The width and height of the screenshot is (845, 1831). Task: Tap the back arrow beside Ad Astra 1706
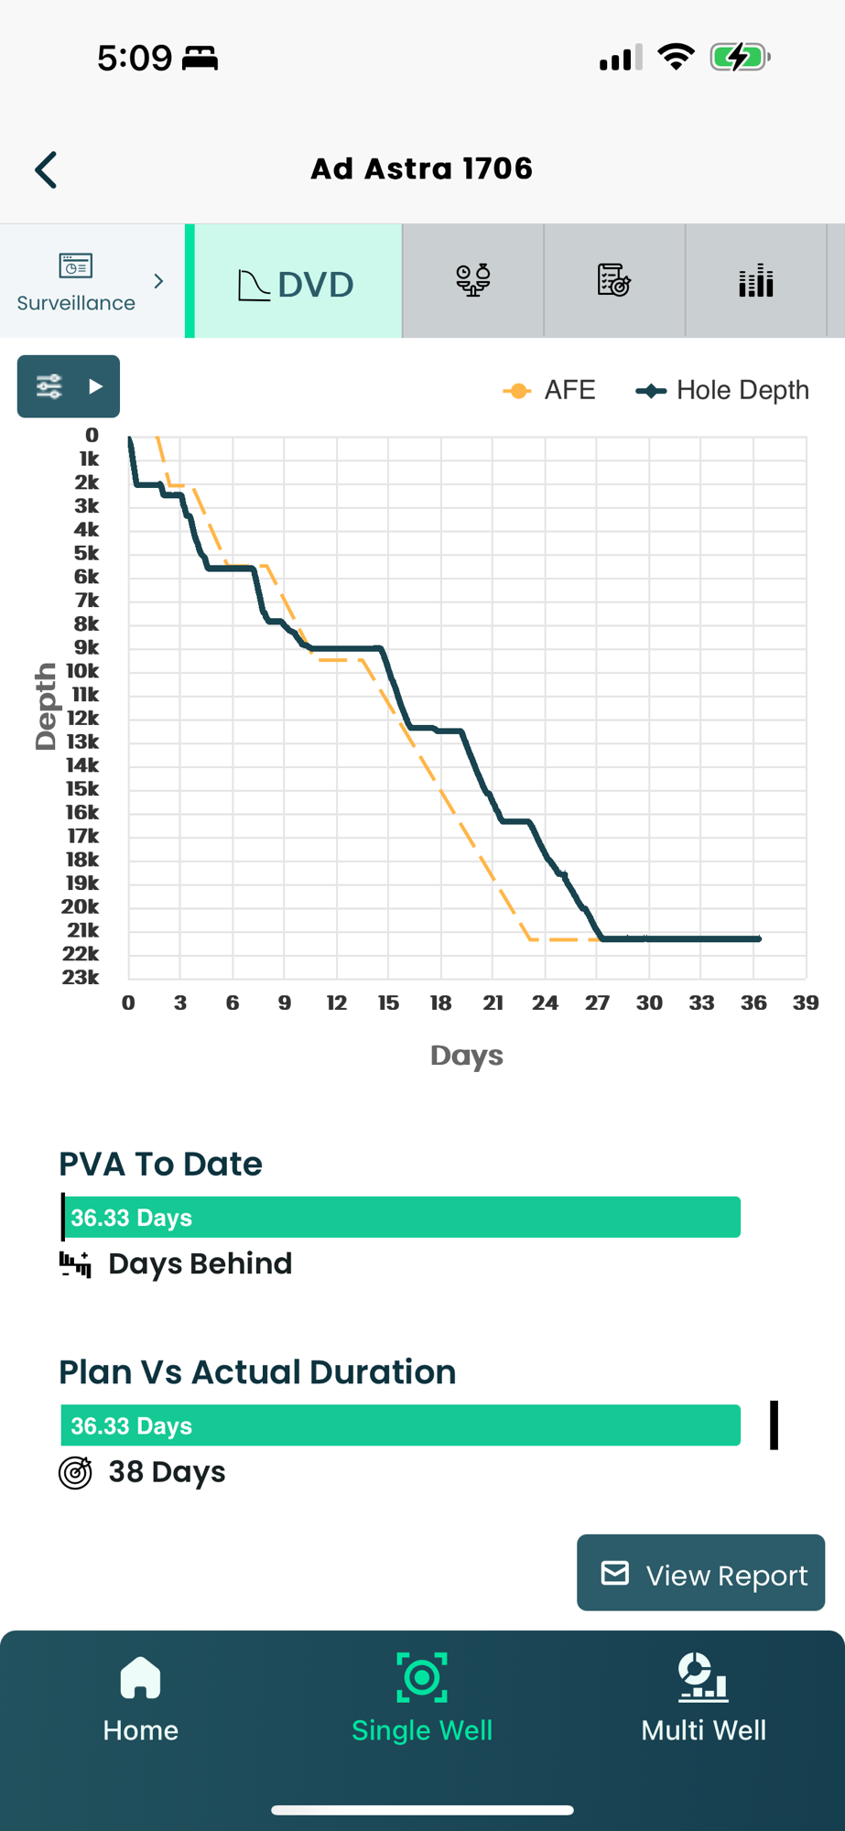point(46,170)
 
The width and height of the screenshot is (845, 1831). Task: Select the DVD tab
point(297,283)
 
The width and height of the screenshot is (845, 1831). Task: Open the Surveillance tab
point(90,282)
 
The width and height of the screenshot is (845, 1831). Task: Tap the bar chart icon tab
point(755,281)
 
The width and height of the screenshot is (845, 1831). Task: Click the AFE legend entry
point(550,391)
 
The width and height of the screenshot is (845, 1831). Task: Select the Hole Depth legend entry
point(723,391)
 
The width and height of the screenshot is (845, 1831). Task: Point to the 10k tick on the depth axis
point(82,671)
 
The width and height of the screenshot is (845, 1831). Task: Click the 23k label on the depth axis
point(81,977)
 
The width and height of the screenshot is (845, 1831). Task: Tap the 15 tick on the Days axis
point(388,1003)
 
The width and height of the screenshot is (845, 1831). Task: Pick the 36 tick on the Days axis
point(753,1003)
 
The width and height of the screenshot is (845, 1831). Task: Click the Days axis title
point(467,1056)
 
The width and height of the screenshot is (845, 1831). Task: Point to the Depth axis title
point(45,706)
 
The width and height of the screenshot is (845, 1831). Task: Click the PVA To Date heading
point(160,1165)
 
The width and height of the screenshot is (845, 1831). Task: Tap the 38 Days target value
point(167,1472)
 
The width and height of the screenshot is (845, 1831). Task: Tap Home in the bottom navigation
point(140,1697)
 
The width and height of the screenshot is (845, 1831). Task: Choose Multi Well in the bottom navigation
point(703,1697)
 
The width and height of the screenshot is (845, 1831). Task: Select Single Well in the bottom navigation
point(422,1697)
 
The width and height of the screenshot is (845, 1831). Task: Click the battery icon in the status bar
point(740,58)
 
